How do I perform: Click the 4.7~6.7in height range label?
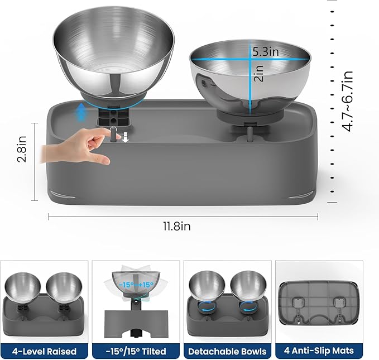click(x=348, y=100)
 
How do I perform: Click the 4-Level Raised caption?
click(x=44, y=351)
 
